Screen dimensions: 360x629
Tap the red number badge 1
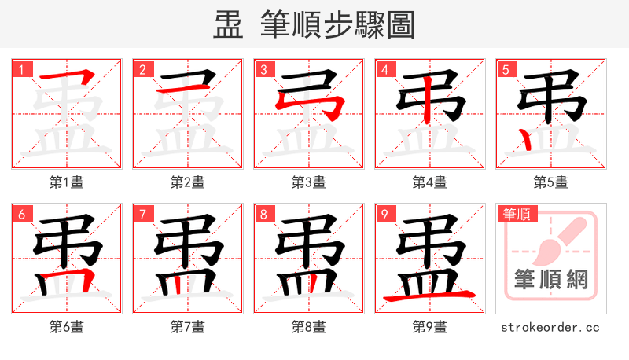click(20, 69)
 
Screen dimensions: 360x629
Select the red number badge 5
click(505, 69)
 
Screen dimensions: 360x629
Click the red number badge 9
click(384, 214)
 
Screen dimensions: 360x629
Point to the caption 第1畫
click(67, 182)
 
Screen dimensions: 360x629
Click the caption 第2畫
click(188, 182)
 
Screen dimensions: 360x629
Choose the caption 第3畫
click(309, 182)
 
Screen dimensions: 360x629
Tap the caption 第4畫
click(430, 182)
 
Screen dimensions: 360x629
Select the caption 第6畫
click(67, 326)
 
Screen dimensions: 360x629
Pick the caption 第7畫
click(188, 326)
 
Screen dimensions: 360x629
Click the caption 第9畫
click(430, 326)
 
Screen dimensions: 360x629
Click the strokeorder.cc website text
click(551, 326)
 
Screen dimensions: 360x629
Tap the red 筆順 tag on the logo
click(516, 214)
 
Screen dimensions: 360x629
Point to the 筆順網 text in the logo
click(551, 279)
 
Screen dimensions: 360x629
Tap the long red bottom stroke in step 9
click(429, 296)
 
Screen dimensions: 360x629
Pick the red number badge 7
click(142, 214)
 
